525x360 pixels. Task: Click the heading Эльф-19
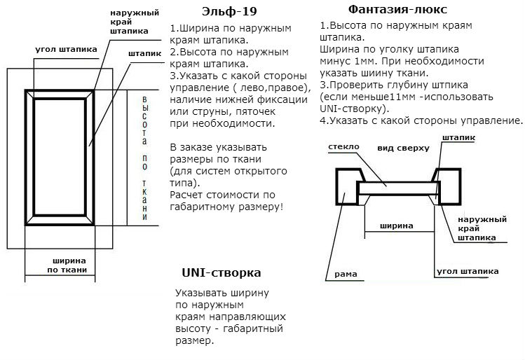point(229,11)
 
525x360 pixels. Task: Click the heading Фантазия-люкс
point(397,9)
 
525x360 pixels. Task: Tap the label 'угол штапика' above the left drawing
point(66,50)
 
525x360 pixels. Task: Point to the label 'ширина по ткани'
point(67,265)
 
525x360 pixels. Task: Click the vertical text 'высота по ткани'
point(144,158)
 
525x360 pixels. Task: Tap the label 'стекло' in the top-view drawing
point(343,146)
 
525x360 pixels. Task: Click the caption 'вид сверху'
point(403,148)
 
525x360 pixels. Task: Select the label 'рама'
point(346,275)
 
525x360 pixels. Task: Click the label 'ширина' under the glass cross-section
point(397,226)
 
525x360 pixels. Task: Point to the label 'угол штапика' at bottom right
point(468,271)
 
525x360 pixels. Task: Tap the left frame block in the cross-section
point(346,187)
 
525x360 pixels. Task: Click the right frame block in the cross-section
point(450,187)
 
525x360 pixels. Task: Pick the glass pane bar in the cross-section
point(397,188)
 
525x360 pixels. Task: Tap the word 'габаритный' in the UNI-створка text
point(253,328)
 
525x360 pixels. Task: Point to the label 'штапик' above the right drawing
point(458,138)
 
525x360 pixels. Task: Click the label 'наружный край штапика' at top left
point(135,22)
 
